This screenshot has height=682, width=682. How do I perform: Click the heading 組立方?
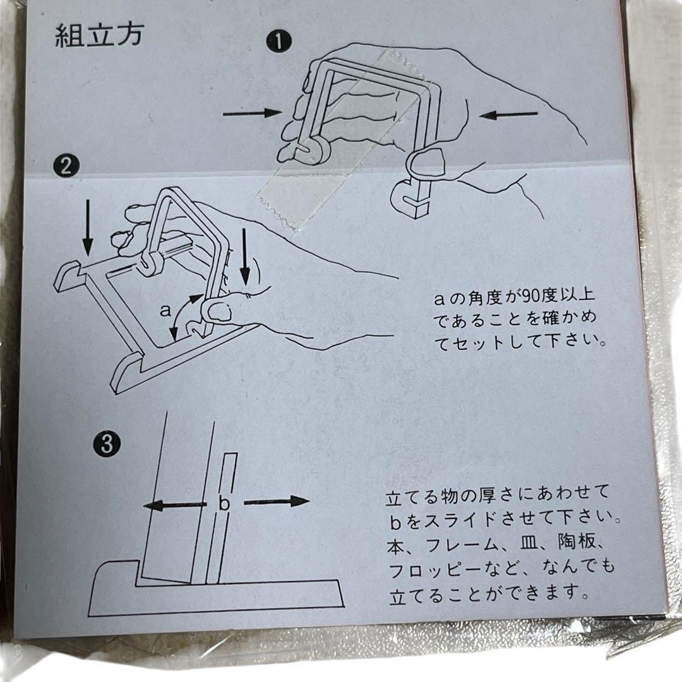coord(99,34)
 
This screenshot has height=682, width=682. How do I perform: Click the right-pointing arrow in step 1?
coord(253,113)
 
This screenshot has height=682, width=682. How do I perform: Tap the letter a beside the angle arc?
coord(165,310)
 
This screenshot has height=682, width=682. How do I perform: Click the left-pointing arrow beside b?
coord(174,505)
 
